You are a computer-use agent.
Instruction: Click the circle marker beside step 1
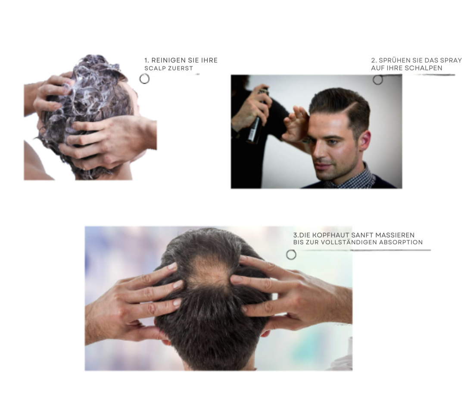[x=144, y=79]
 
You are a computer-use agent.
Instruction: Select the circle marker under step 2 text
[x=378, y=80]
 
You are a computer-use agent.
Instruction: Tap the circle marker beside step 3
[x=291, y=255]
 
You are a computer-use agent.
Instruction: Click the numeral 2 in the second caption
[x=373, y=60]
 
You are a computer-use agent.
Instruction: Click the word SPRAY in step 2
[x=452, y=60]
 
